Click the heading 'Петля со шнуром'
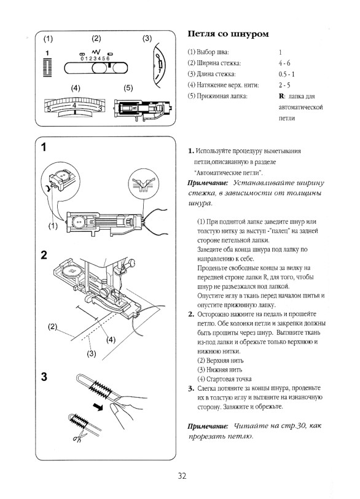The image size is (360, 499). [x=228, y=34]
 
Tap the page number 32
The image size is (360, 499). [x=182, y=476]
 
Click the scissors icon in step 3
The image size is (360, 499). [x=78, y=436]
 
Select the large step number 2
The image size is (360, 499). [x=44, y=255]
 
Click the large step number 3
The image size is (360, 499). [x=44, y=377]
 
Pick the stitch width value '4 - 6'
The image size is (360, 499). [x=284, y=63]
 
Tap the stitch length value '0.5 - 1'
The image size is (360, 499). [x=286, y=74]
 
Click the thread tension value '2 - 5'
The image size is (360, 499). [x=284, y=85]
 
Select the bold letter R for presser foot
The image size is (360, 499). [x=281, y=96]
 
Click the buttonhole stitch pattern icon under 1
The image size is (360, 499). [x=47, y=68]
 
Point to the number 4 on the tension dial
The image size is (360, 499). [x=74, y=105]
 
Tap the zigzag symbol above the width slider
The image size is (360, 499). [x=96, y=51]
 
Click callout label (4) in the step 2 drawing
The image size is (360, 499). [x=111, y=340]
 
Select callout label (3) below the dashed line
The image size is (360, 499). [x=92, y=353]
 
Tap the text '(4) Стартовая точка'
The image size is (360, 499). [x=224, y=379]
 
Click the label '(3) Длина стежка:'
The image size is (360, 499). [x=211, y=74]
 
